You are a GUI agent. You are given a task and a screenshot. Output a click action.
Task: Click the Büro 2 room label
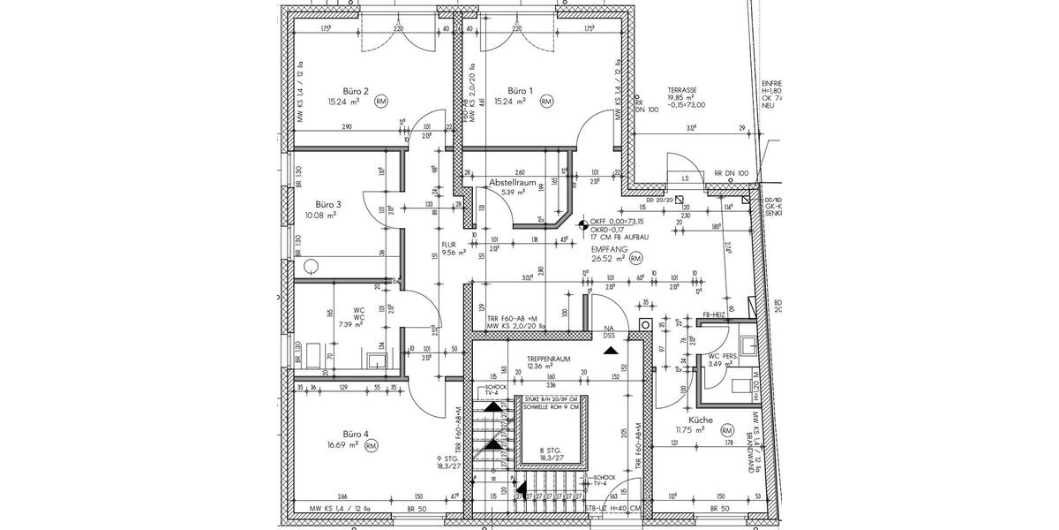(355, 91)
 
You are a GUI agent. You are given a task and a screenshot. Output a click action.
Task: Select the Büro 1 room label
(520, 91)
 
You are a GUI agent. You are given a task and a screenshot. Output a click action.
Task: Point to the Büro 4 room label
(355, 434)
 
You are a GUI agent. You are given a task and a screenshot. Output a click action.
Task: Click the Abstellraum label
(513, 182)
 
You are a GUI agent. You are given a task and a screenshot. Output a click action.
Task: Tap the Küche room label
(689, 421)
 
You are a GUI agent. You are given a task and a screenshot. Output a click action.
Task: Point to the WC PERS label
(725, 357)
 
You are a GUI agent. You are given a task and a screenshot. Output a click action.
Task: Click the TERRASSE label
(682, 91)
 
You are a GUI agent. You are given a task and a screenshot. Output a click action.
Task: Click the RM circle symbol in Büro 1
(546, 102)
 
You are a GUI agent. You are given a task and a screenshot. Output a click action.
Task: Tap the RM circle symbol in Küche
(727, 430)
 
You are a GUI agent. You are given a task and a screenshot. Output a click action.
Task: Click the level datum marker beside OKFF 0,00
(582, 223)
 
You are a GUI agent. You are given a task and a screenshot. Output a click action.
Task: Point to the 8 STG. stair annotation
(550, 450)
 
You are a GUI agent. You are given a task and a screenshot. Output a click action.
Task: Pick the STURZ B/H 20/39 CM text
(548, 399)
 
